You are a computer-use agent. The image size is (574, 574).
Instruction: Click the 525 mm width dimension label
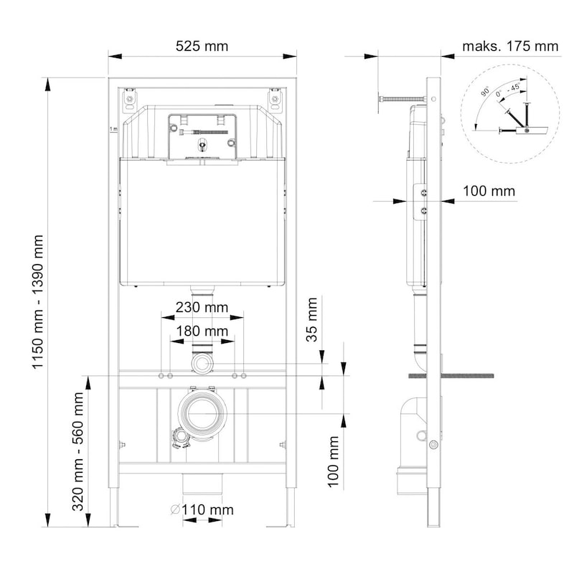202,47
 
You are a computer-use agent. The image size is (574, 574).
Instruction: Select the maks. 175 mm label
510,47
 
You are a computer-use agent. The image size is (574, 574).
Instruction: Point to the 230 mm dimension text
202,307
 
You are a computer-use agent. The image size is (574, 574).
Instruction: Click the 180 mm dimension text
202,331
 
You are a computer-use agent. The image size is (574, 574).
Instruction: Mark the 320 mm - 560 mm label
78,451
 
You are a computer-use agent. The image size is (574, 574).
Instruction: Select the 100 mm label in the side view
488,192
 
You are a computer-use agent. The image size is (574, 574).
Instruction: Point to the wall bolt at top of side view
402,98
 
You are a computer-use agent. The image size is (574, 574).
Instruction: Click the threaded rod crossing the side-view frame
452,375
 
